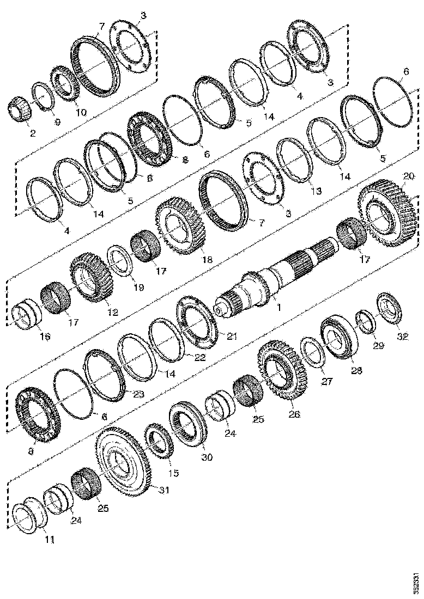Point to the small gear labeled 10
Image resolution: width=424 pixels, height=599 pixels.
pyautogui.click(x=67, y=84)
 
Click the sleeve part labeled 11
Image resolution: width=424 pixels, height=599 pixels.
pyautogui.click(x=28, y=518)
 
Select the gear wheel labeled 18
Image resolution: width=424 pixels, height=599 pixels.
pyautogui.click(x=179, y=224)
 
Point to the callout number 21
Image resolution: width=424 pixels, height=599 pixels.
pyautogui.click(x=232, y=337)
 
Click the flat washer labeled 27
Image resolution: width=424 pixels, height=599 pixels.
pyautogui.click(x=313, y=351)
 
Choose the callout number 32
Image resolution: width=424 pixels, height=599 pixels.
pyautogui.click(x=402, y=337)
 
